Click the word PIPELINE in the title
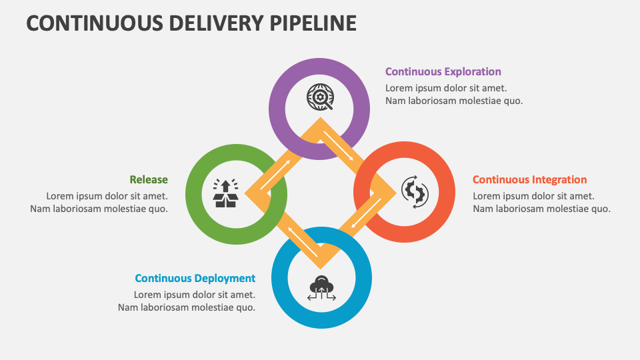tap(313, 23)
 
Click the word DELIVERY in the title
tap(216, 23)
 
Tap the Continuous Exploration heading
tap(443, 72)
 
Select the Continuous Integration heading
tap(530, 180)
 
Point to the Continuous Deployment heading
tap(195, 279)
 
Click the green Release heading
tap(149, 180)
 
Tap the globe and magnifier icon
tap(320, 97)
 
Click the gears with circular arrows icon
tap(415, 192)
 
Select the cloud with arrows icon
tap(321, 288)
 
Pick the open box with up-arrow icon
tap(226, 193)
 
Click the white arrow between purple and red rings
tap(339, 146)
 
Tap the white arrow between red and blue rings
tap(366, 213)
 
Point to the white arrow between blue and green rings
tap(303, 242)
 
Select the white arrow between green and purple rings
tap(275, 175)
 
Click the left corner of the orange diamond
tap(245, 193)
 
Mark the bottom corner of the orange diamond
tap(321, 269)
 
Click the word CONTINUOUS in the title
tap(95, 23)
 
